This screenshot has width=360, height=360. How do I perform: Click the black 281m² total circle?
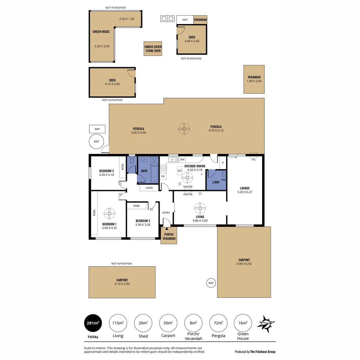point(93,323)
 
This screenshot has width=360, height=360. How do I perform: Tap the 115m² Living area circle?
point(118,323)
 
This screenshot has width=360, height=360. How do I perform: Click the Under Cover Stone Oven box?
point(153,49)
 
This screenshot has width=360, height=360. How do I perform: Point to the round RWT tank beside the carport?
point(211,283)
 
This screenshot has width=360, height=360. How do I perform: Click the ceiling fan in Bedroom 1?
point(109,213)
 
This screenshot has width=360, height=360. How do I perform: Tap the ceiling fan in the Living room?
point(200,209)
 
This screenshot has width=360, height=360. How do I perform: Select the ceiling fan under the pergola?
point(184,129)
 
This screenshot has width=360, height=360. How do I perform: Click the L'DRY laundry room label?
point(216,182)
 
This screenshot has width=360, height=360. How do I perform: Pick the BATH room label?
point(144,171)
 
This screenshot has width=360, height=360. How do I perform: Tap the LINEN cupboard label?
point(149,188)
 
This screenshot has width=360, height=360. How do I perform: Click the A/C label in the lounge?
point(253,159)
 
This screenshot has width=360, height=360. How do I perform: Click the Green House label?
point(101,32)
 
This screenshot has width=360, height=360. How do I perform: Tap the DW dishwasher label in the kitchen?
point(182,160)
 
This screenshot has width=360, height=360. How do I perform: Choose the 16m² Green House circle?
point(243,323)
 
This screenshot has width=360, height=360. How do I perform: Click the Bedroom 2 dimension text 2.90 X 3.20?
point(143,225)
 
